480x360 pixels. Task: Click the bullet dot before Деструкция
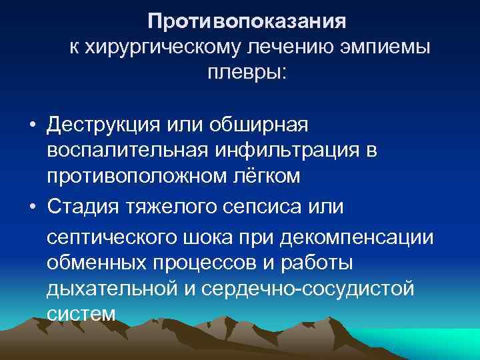pyautogui.click(x=32, y=125)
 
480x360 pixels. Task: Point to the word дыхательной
pyautogui.click(x=113, y=289)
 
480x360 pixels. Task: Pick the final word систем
pyautogui.click(x=81, y=313)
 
